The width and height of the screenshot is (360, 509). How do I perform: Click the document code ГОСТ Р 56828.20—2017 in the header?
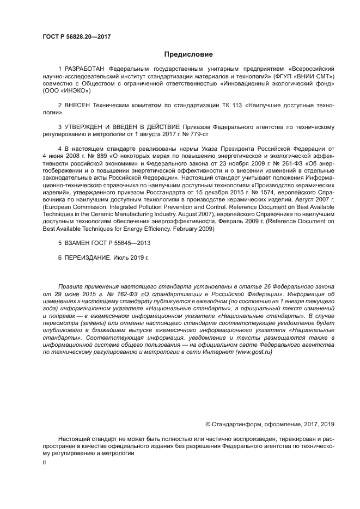click(76, 36)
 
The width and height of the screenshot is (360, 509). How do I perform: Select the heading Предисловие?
click(188, 54)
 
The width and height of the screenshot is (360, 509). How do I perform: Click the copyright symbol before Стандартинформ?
click(208, 424)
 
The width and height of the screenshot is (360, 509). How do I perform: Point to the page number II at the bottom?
click(45, 462)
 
